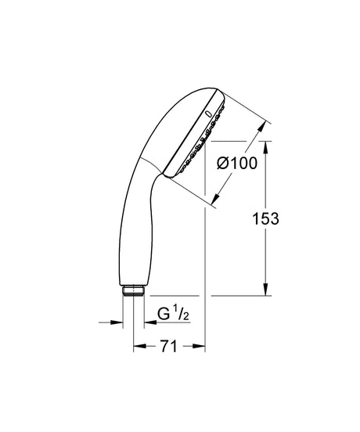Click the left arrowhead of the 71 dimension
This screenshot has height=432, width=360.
138,344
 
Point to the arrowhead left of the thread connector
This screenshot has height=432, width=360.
120,321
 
